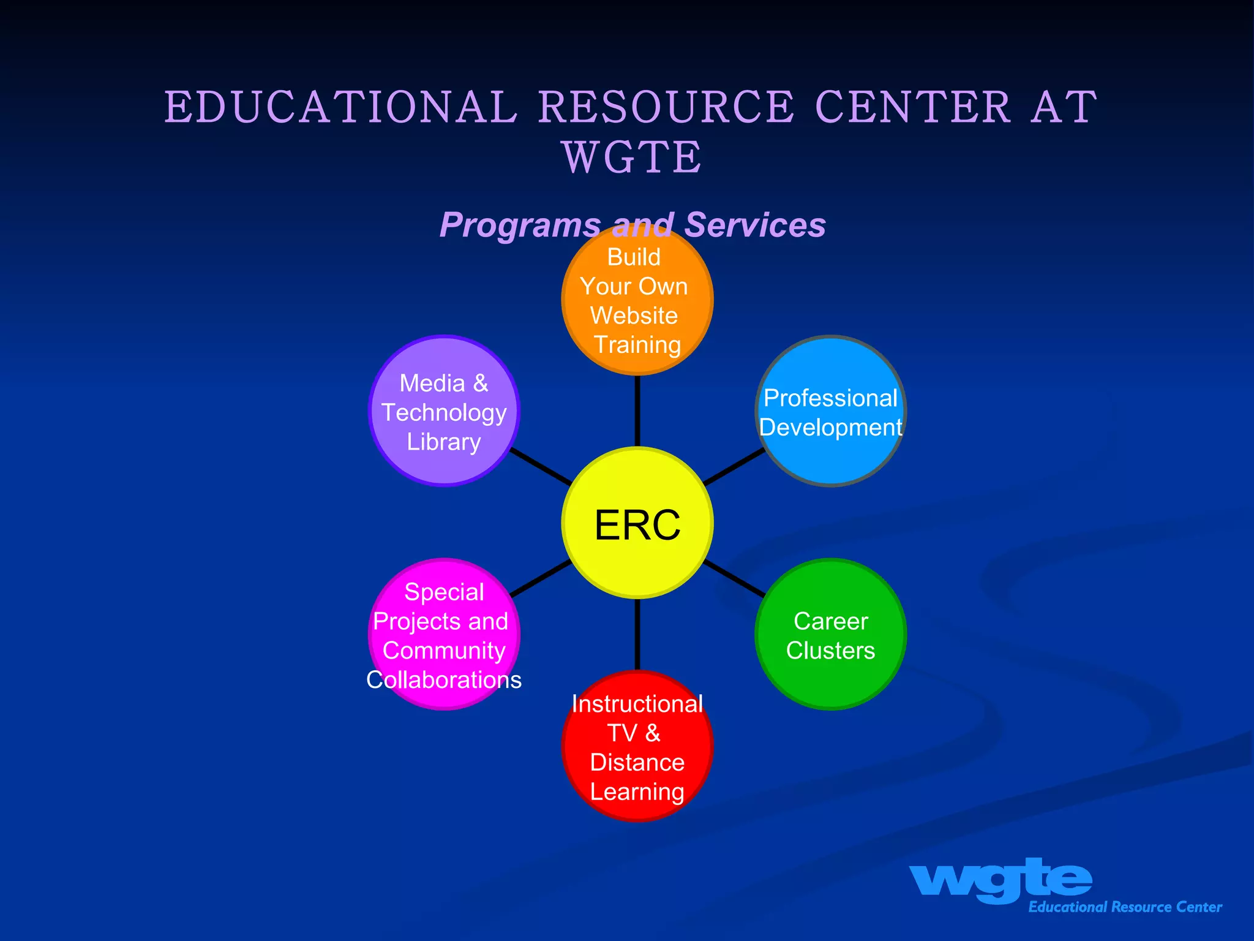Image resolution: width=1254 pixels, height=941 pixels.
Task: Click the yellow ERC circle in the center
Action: click(637, 523)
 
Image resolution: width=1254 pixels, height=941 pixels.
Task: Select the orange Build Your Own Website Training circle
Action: click(637, 300)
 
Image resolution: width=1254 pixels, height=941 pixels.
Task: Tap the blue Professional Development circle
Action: click(831, 412)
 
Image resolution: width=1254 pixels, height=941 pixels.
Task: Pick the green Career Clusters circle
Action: click(831, 635)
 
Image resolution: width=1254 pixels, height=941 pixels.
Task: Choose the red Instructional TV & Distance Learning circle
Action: click(637, 746)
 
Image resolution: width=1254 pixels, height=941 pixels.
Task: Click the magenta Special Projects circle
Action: click(444, 635)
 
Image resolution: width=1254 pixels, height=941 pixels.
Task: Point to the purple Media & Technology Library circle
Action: click(444, 412)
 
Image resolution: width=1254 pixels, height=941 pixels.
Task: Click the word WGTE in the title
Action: click(632, 157)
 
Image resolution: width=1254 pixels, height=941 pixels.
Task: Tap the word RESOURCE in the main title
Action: click(666, 107)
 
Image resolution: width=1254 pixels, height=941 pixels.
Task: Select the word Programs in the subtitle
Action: click(519, 225)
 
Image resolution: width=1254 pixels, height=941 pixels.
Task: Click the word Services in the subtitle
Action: click(755, 225)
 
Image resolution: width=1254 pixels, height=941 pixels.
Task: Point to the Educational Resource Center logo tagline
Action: click(1125, 907)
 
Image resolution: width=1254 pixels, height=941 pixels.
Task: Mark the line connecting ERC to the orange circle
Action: click(637, 410)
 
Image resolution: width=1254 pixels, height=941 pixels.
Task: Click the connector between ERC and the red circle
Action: click(637, 635)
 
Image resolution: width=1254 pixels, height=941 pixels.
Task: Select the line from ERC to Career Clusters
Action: click(734, 578)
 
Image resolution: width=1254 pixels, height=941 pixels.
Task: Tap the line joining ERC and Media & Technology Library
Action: click(541, 466)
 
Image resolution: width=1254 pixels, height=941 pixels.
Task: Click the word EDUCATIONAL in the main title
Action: click(340, 107)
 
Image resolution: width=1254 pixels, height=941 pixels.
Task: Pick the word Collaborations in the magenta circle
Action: click(444, 680)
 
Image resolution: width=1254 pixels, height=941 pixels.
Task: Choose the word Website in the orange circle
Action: click(634, 316)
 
